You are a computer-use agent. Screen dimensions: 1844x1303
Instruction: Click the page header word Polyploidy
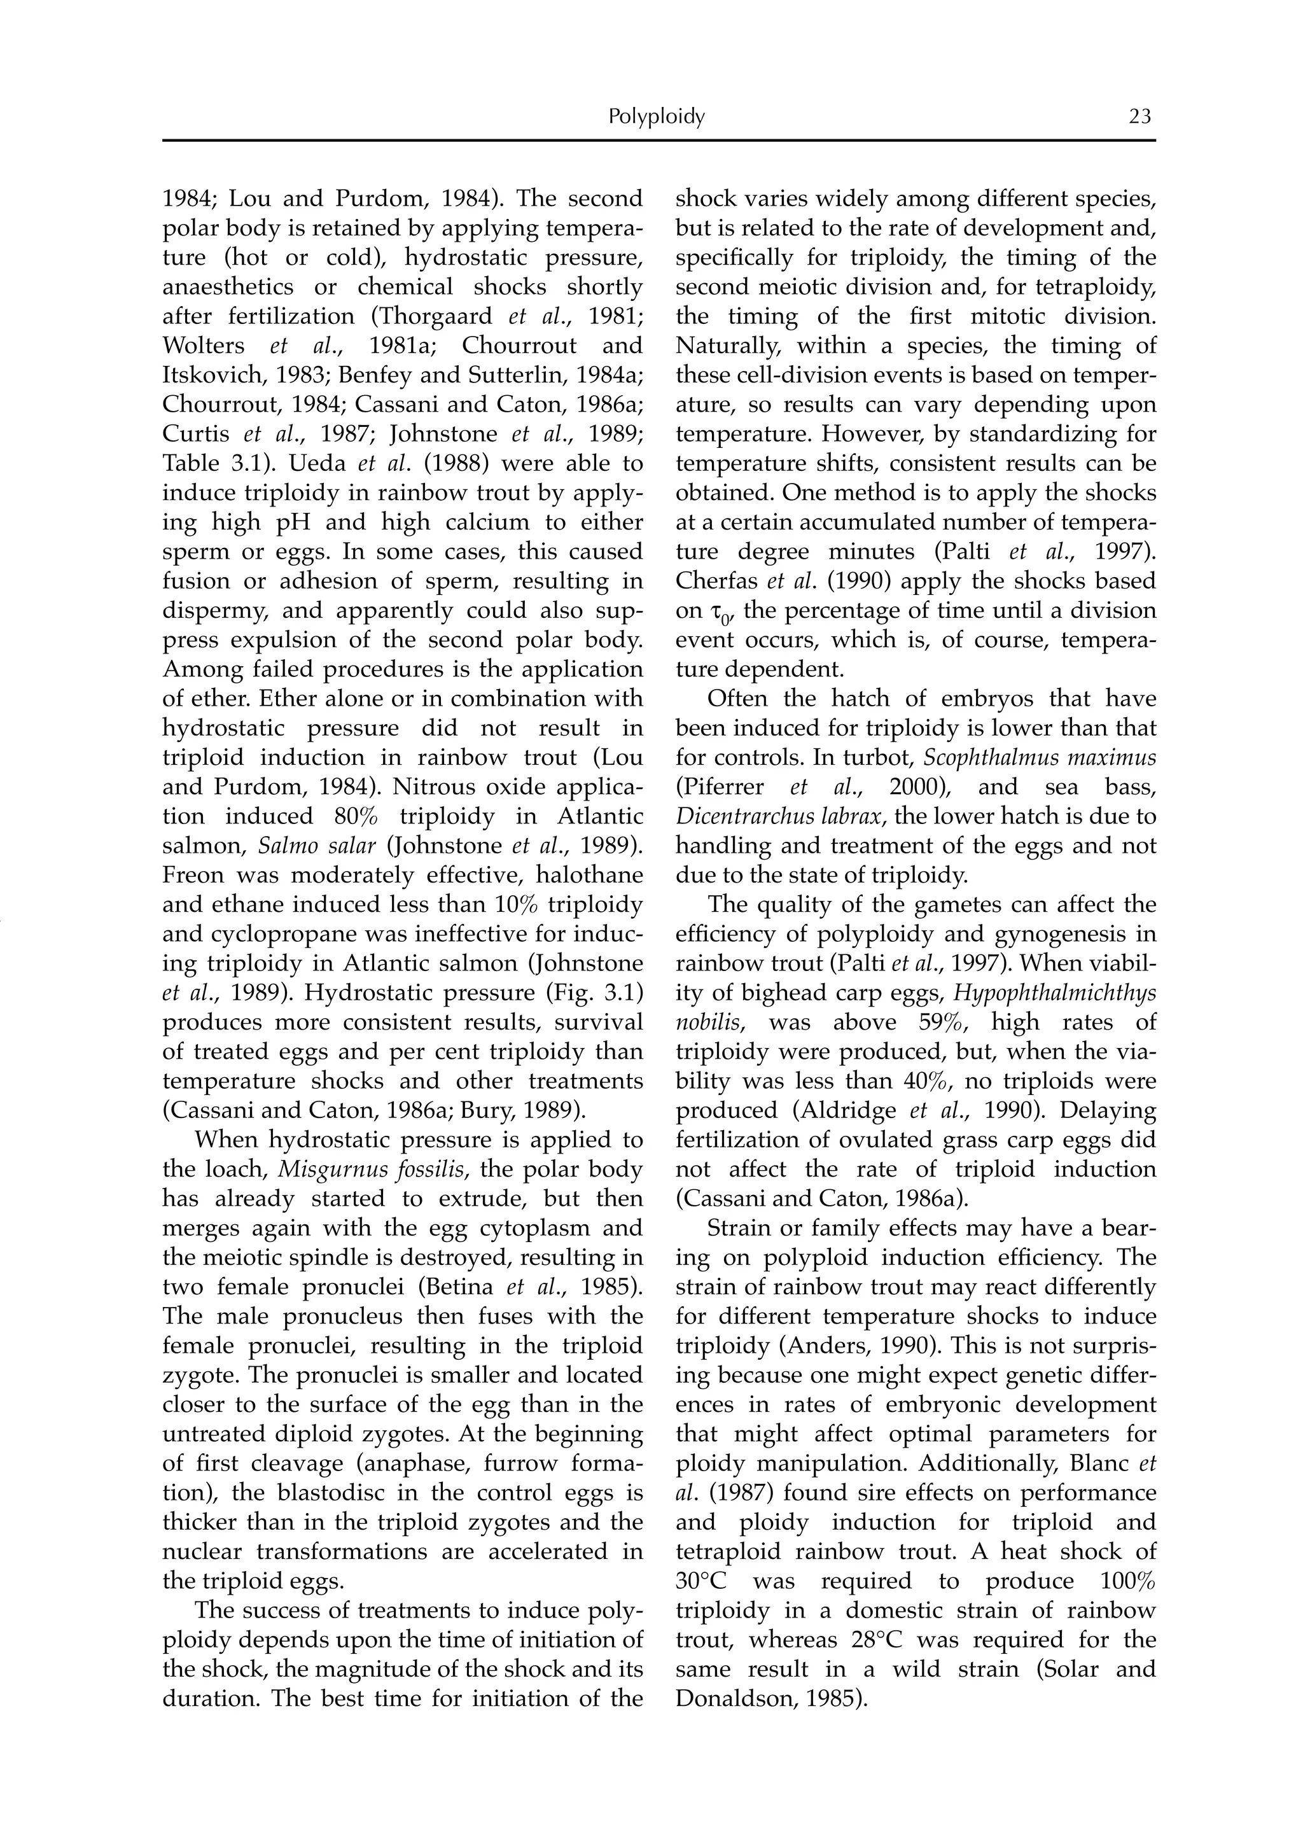pyautogui.click(x=656, y=117)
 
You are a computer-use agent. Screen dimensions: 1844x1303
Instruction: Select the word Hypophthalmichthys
pyautogui.click(x=1054, y=993)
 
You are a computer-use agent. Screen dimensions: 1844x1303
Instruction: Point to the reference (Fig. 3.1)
pyautogui.click(x=592, y=993)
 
